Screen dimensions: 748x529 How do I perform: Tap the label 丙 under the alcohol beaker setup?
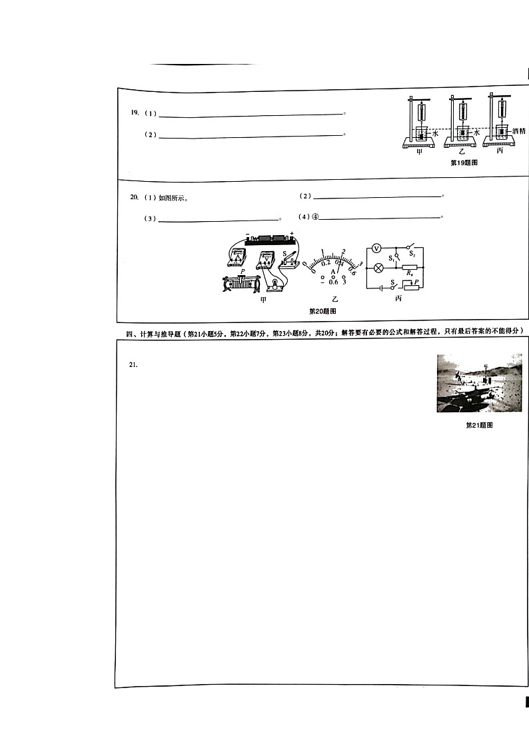500,151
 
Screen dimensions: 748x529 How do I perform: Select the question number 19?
135,113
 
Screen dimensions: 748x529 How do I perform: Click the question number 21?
133,364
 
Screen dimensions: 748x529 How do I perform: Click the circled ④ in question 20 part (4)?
316,217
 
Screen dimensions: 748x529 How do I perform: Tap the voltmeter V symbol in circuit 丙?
376,248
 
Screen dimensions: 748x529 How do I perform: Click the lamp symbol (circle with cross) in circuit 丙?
378,268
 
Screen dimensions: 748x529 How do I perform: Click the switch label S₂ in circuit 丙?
412,254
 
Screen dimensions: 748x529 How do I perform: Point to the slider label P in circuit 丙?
416,283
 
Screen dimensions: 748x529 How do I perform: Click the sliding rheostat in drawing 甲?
241,284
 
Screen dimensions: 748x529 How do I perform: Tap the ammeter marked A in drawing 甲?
239,256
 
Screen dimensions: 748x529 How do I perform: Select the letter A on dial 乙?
334,272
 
